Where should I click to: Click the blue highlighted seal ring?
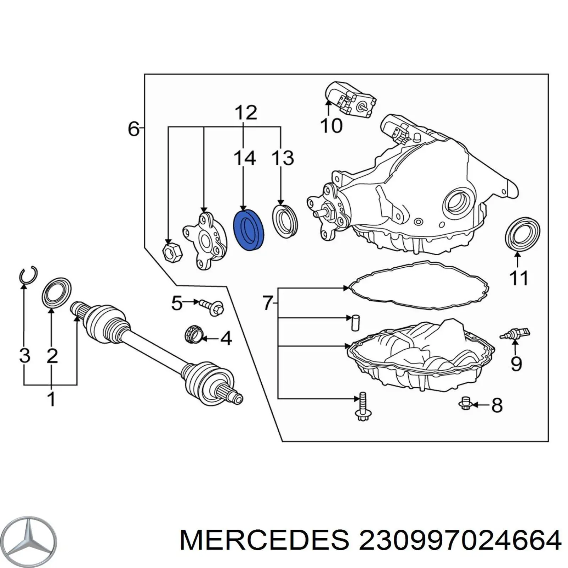pyautogui.click(x=248, y=230)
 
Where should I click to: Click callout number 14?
pyautogui.click(x=245, y=158)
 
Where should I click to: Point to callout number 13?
pyautogui.click(x=283, y=158)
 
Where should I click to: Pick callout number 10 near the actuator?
pyautogui.click(x=331, y=126)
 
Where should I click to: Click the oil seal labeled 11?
pyautogui.click(x=522, y=235)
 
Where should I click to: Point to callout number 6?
pyautogui.click(x=133, y=129)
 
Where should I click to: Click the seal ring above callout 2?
pyautogui.click(x=57, y=293)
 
